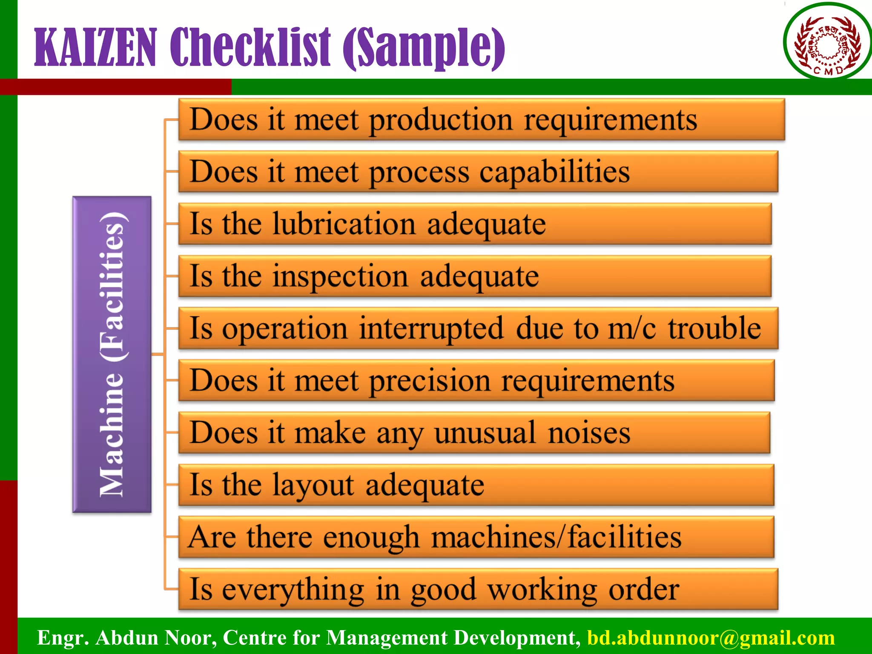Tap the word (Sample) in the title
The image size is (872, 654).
coord(424,48)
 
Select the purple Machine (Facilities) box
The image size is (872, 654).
coord(112,354)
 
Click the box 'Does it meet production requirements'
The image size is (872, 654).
coord(481,120)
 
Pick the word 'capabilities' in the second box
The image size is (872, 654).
coord(554,172)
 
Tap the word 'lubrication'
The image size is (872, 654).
coord(344,224)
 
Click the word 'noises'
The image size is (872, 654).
coord(589,433)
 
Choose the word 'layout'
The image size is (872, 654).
coord(313,485)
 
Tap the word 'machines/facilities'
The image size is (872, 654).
coord(556,537)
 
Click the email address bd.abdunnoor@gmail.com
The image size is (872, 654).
coord(711,638)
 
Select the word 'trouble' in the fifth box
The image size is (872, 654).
coord(714,329)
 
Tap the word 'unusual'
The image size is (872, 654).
coord(485,433)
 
